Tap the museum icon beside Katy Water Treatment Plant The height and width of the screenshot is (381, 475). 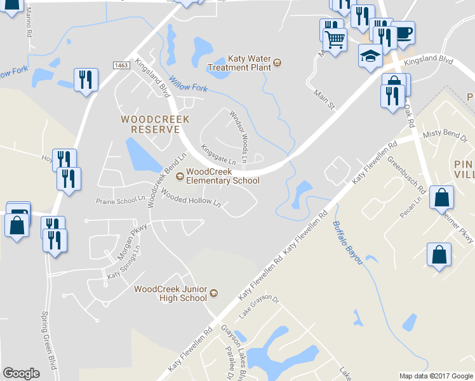278,63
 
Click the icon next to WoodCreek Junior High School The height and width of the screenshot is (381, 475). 214,293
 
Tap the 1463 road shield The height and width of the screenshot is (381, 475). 122,65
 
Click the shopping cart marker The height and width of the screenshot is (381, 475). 335,39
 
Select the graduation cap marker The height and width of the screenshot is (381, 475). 370,56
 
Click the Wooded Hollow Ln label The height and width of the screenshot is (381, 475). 191,198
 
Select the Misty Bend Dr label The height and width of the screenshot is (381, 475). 445,135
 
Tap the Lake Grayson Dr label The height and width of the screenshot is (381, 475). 259,306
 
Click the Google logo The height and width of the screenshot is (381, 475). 21,373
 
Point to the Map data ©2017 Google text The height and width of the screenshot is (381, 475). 435,376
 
